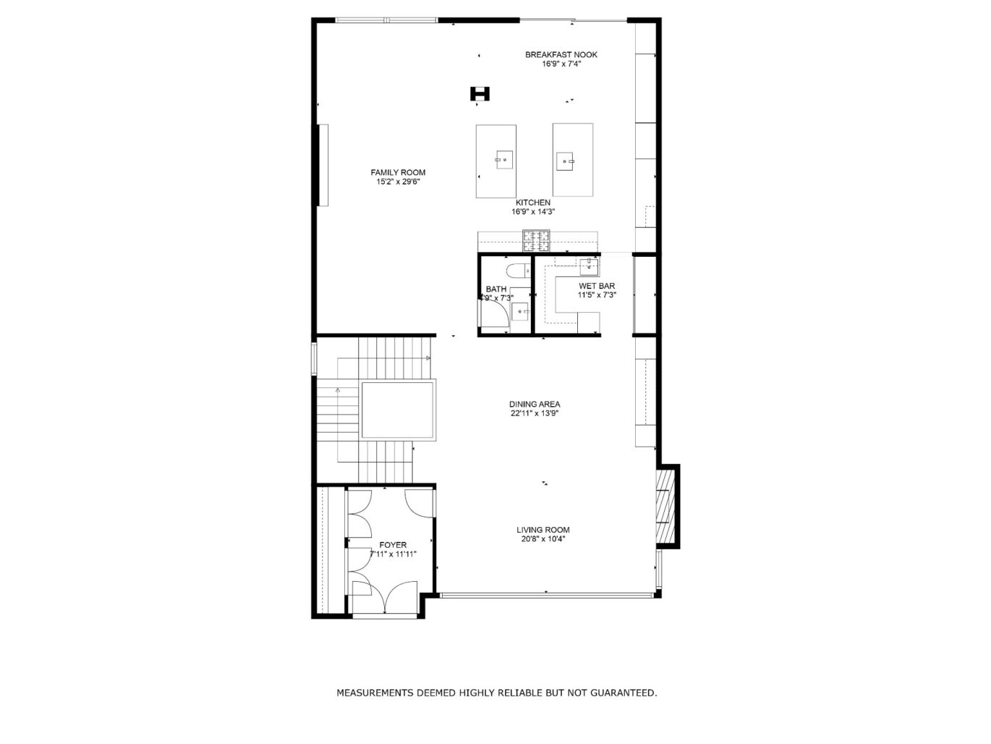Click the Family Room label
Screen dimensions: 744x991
point(398,172)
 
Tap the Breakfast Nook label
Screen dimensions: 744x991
point(561,54)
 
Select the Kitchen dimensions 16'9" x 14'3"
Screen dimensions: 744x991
point(533,212)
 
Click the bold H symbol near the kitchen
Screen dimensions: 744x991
point(480,93)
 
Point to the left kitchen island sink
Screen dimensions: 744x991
point(503,158)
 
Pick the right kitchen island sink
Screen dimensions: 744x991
point(565,159)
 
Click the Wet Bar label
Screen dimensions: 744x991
point(597,286)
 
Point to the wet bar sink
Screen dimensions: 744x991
point(590,267)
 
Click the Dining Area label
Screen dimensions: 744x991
point(535,405)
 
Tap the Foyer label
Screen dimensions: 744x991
point(393,545)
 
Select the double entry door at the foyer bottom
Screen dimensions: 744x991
point(384,598)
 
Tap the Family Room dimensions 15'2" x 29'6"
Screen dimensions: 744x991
point(398,182)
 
